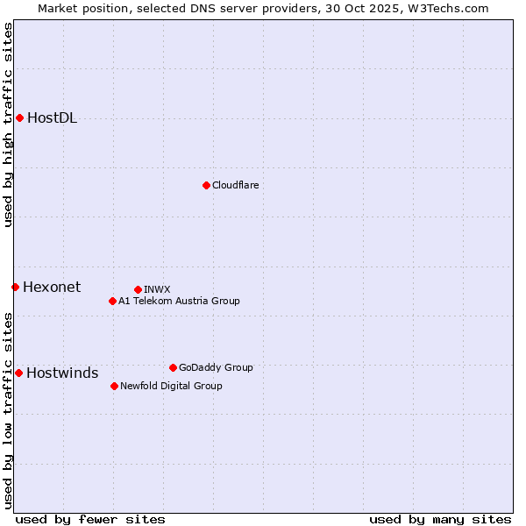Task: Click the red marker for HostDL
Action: coord(19,118)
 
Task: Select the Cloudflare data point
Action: coord(206,185)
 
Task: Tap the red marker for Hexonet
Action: coord(15,287)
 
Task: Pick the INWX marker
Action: coord(138,289)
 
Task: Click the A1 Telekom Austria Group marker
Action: coord(112,301)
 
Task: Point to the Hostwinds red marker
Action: coord(18,373)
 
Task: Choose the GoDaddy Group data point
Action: coord(173,367)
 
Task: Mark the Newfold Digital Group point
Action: coord(114,386)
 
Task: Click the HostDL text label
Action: coord(53,118)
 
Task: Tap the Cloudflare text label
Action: coord(236,185)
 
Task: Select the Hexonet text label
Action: coord(52,287)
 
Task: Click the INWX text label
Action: coord(157,289)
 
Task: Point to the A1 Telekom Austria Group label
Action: coord(179,301)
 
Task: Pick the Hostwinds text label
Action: coord(62,373)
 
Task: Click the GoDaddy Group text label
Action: coord(216,367)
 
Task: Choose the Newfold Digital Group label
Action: coord(171,386)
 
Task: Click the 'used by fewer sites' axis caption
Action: coord(90,519)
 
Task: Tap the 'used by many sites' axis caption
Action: coord(440,519)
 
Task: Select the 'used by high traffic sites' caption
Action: coord(9,124)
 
